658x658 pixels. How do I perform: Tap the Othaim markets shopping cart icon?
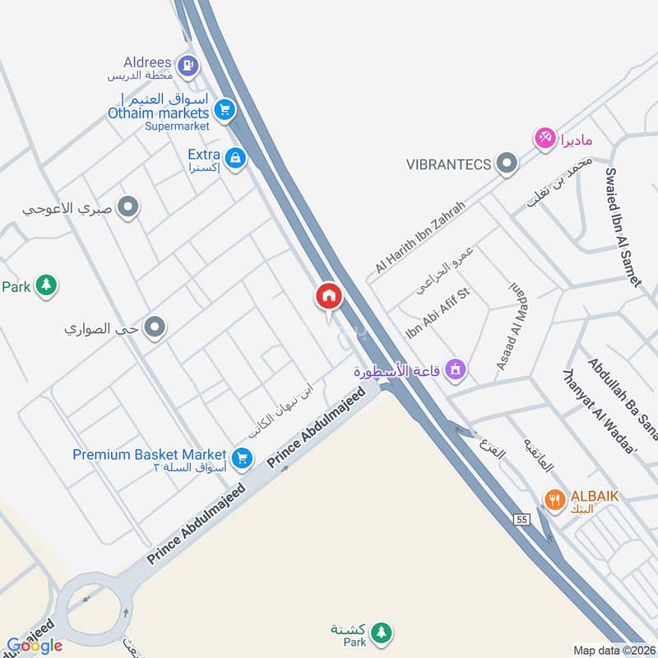click(224, 109)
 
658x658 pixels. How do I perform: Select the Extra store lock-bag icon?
click(235, 158)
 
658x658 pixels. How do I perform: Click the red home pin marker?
click(328, 296)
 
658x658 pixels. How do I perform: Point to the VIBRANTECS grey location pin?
click(507, 163)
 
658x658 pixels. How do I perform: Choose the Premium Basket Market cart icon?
click(242, 458)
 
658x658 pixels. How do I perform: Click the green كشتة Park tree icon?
click(380, 633)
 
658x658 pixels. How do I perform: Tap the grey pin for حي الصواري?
click(154, 330)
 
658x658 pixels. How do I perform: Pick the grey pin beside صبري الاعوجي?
click(127, 208)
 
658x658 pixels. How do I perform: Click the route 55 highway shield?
click(521, 519)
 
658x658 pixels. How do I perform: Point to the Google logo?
click(35, 646)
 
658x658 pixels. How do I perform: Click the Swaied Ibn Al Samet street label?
click(622, 226)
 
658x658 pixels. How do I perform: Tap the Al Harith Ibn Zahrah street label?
click(419, 237)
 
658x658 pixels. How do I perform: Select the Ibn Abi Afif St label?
click(437, 313)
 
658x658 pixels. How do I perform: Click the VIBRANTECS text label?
click(448, 164)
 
